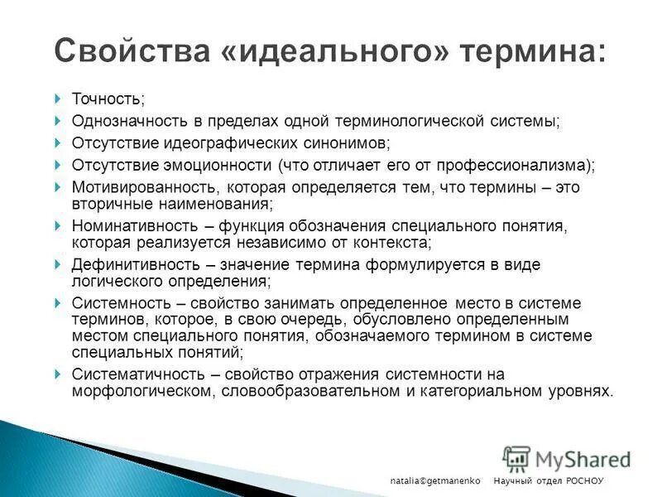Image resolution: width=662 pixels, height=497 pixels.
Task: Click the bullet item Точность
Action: [x=108, y=99]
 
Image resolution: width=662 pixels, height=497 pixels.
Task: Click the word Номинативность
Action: [x=132, y=225]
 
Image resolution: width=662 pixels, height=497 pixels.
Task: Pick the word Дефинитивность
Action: [x=132, y=264]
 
